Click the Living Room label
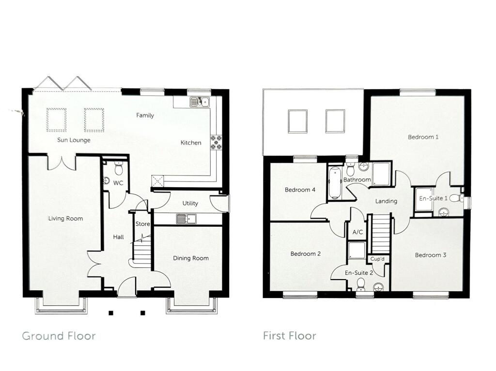[x=65, y=219]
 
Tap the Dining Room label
[x=191, y=258]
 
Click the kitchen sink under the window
[x=199, y=102]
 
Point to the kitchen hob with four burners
[x=216, y=142]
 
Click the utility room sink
[x=186, y=219]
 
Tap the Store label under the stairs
[x=143, y=224]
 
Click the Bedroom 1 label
[x=423, y=137]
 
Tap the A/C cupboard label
[x=357, y=233]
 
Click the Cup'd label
[x=377, y=259]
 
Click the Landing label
[x=386, y=201]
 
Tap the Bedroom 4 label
[x=300, y=190]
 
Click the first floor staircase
[x=380, y=234]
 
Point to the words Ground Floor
[x=59, y=336]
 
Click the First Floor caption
[x=289, y=336]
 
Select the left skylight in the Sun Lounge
[x=56, y=119]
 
